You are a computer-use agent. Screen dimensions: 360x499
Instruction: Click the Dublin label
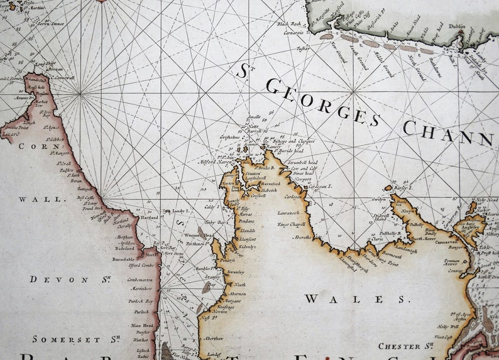click(x=457, y=27)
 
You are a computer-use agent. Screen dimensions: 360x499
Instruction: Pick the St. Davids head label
click(x=289, y=151)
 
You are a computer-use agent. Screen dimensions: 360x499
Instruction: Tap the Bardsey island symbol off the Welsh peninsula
click(x=388, y=187)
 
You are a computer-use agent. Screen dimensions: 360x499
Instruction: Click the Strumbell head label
click(x=304, y=163)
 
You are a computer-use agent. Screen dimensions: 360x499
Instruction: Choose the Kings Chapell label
click(x=291, y=224)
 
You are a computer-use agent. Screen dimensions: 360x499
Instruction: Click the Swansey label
click(x=236, y=272)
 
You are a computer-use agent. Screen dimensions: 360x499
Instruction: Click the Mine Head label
click(x=142, y=325)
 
